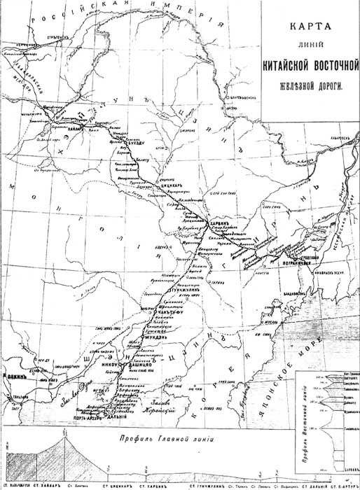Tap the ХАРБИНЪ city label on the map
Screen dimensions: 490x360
(x=211, y=227)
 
